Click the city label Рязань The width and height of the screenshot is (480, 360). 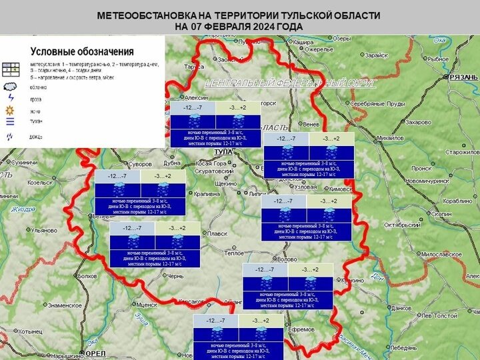click(462, 78)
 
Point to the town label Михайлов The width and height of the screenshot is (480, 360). click(391, 138)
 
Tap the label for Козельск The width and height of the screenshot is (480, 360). click(40, 182)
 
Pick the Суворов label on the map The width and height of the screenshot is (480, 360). click(141, 163)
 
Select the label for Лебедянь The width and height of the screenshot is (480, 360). click(404, 347)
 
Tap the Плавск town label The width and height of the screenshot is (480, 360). click(217, 233)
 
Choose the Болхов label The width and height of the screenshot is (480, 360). click(87, 275)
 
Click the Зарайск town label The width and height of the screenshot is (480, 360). click(376, 55)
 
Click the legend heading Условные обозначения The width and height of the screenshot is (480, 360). click(82, 51)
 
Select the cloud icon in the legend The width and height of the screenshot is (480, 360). click(10, 87)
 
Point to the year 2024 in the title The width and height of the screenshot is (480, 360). click(267, 26)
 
